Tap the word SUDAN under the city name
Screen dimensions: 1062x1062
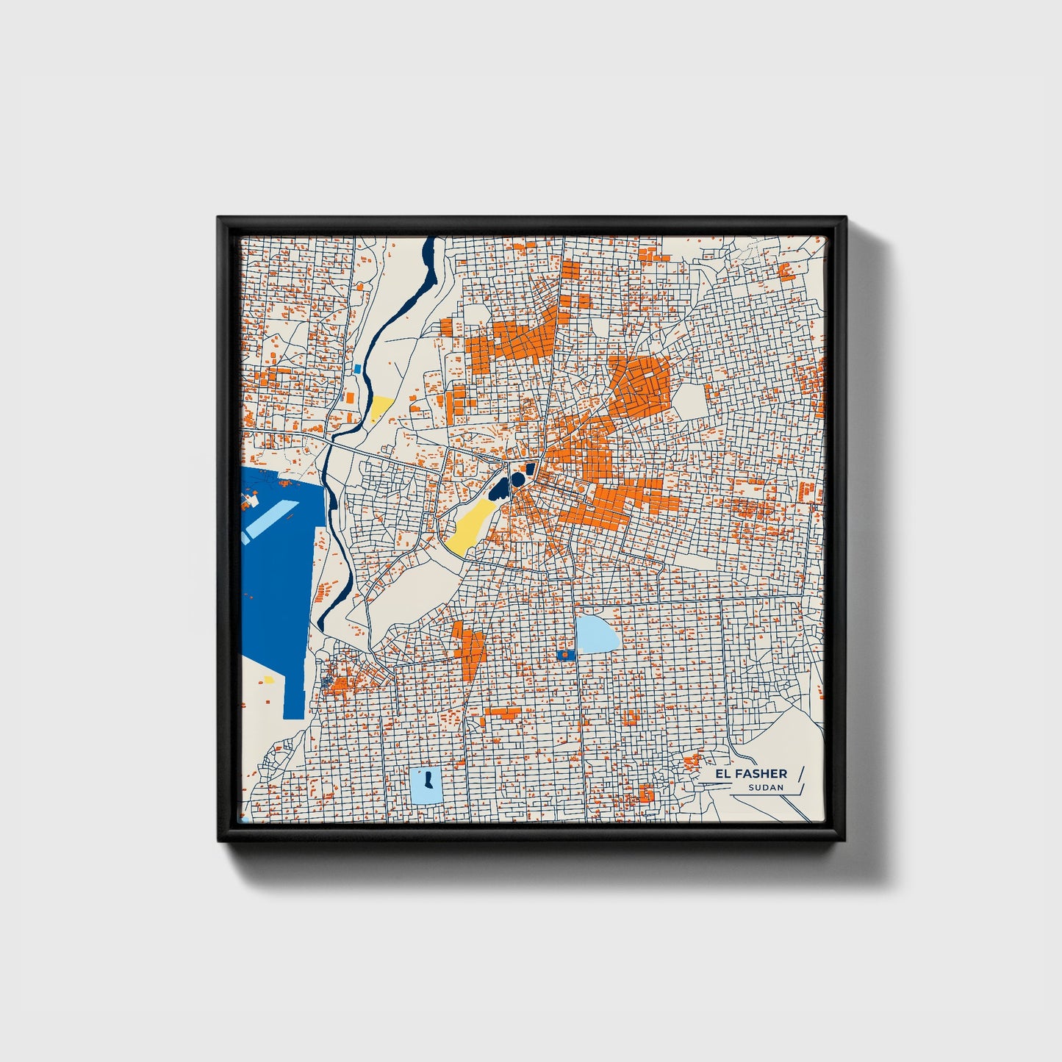(766, 787)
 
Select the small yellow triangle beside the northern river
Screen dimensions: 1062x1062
(381, 406)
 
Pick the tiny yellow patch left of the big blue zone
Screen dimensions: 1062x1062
(268, 680)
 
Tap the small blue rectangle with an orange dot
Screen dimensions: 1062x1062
(565, 653)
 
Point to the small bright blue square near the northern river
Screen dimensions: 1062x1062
(357, 369)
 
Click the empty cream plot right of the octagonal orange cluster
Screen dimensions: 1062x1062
(689, 401)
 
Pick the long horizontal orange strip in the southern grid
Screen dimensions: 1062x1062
(503, 711)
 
